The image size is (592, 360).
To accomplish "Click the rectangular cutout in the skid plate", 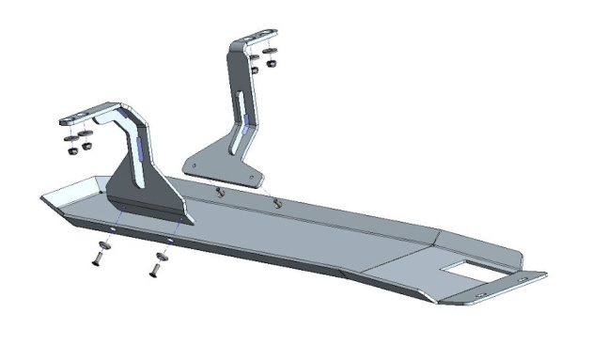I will pos(466,271).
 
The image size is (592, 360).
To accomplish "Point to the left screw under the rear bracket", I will pos(219,192).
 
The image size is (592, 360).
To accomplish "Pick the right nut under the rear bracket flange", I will pos(271,64).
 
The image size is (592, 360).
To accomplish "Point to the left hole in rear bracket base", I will pos(194,168).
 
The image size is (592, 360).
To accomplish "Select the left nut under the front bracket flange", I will pos(71,148).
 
